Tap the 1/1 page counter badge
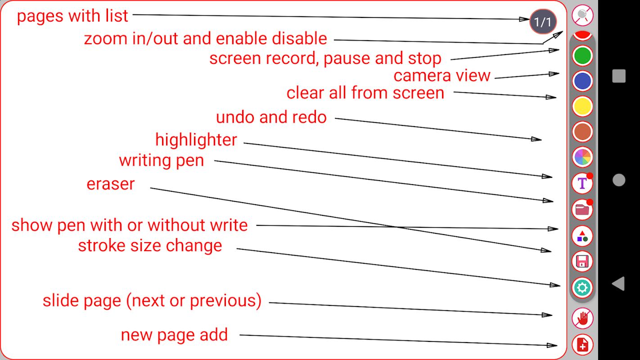coord(543,22)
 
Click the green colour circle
coord(583,56)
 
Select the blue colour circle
coord(583,81)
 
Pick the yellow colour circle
coord(583,107)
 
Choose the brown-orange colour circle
coord(583,132)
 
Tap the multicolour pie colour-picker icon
coord(583,157)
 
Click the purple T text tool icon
coord(583,183)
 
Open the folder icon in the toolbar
coord(583,209)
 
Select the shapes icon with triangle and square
coord(583,235)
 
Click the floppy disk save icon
coord(583,261)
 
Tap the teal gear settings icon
coord(583,287)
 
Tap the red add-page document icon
coord(583,345)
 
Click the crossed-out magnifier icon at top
coord(583,15)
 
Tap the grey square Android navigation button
coord(619,76)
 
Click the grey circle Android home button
coord(619,180)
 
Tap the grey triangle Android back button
coord(618,283)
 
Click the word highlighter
coord(196,140)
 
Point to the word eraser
coord(111,184)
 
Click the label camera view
coord(442,76)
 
